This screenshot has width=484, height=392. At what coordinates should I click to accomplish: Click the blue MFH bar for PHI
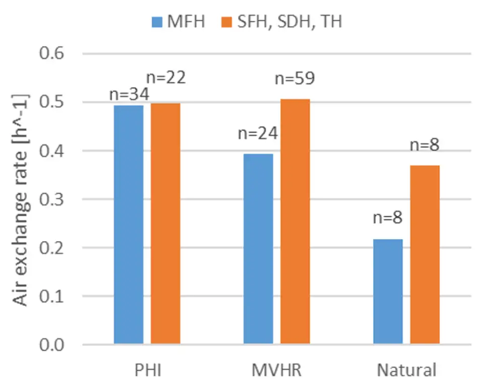129,224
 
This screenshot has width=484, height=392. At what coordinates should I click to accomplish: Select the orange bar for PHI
165,223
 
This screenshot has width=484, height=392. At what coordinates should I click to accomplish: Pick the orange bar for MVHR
295,221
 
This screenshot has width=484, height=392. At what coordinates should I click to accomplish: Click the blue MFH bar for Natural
388,292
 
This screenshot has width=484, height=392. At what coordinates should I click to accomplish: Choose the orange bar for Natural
425,255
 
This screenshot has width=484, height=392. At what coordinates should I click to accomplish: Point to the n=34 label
127,95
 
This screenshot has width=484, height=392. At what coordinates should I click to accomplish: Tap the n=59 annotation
295,79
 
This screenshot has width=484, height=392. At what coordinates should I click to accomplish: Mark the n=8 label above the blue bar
388,218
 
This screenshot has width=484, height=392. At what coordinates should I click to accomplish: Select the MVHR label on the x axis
276,371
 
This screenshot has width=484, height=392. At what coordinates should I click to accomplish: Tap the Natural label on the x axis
406,371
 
